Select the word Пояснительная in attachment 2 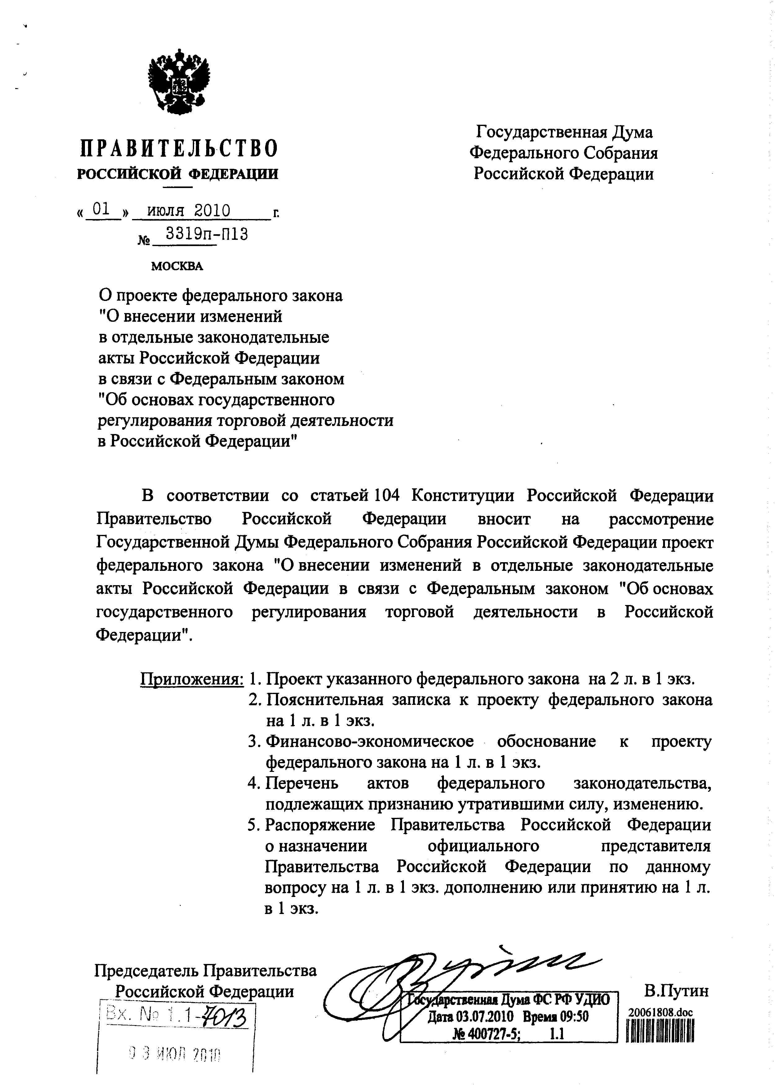(x=325, y=700)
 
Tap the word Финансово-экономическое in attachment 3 (x=370, y=741)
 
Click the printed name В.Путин (x=676, y=991)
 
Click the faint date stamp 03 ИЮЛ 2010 (x=175, y=1055)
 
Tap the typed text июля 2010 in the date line (x=188, y=211)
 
